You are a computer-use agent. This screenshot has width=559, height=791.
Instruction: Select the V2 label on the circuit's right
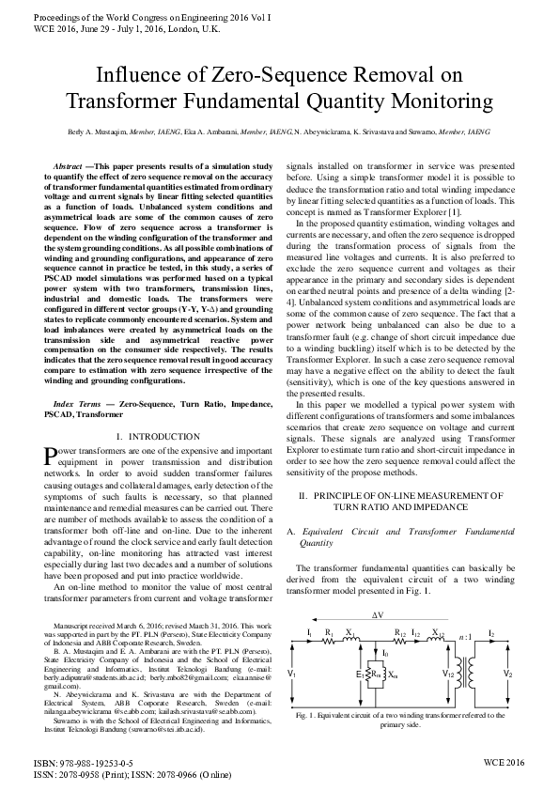click(508, 674)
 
